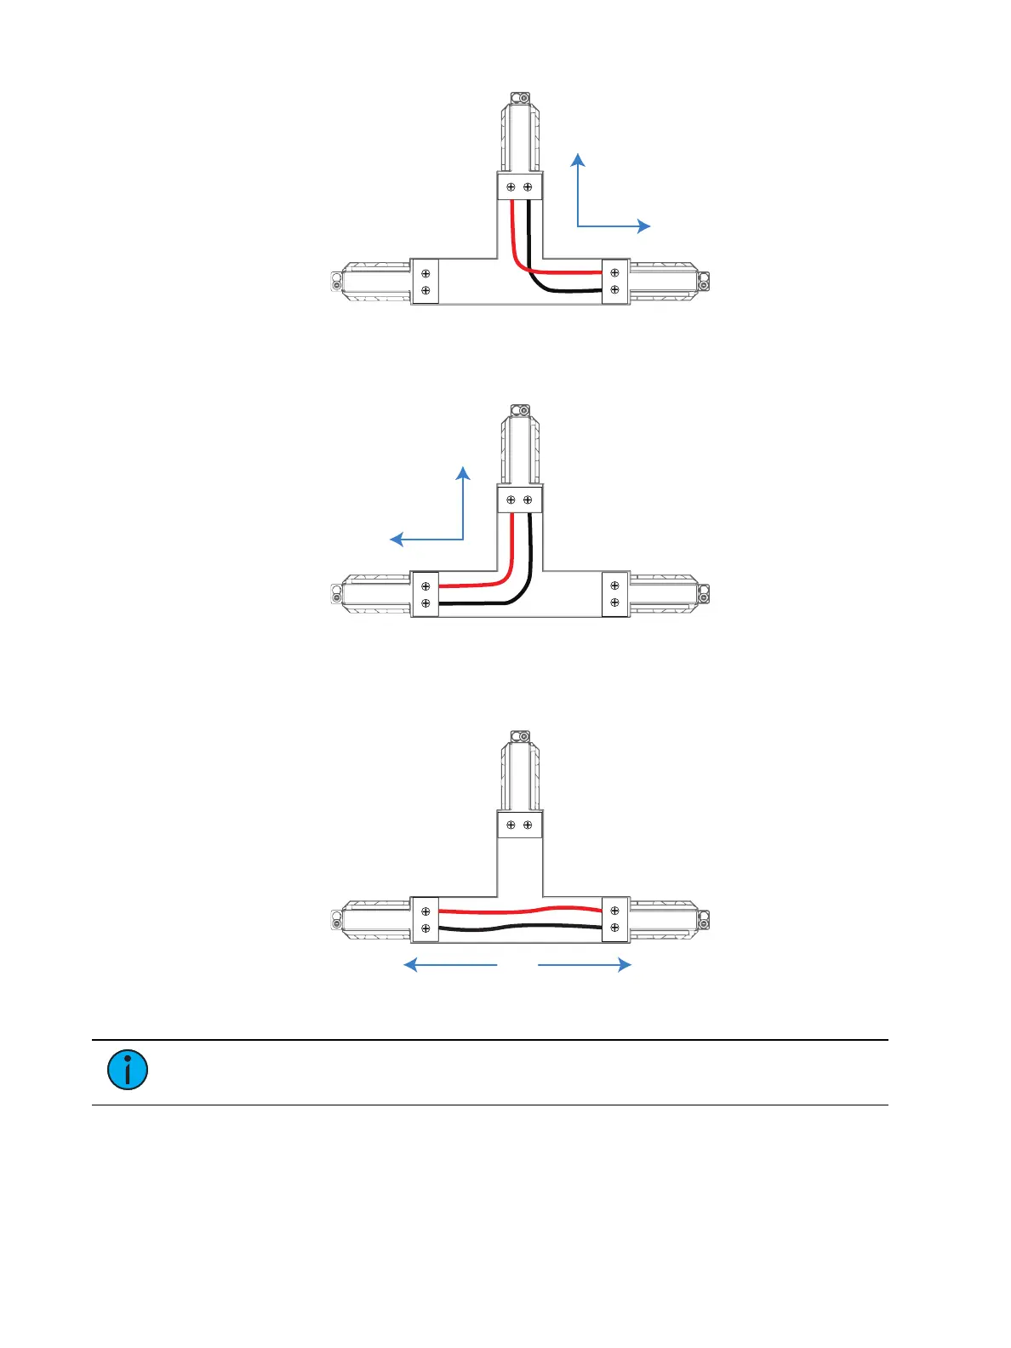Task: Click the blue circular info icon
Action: tap(128, 1070)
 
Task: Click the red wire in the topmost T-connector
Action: tap(562, 273)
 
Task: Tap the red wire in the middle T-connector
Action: tap(477, 585)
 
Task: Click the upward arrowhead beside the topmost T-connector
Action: tap(578, 159)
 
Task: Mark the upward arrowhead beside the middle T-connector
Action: tap(463, 472)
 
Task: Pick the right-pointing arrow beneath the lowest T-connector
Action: tap(585, 964)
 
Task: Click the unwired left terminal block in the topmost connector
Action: tap(426, 282)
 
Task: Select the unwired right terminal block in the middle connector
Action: tap(615, 594)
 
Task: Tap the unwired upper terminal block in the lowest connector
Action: tap(519, 825)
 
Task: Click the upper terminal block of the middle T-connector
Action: tap(519, 500)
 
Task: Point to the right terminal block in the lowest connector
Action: tap(615, 919)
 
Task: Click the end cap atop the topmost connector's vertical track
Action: tap(519, 99)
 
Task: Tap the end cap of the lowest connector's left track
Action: tap(336, 920)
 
